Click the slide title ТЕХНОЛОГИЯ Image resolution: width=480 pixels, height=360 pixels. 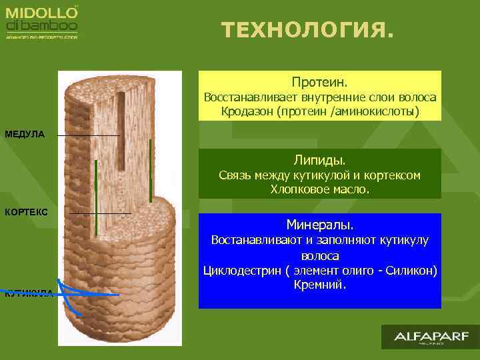click(x=307, y=30)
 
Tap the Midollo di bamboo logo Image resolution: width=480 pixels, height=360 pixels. click(x=42, y=21)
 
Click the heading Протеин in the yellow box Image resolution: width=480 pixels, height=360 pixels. click(x=319, y=83)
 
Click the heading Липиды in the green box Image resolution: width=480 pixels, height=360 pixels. click(x=319, y=160)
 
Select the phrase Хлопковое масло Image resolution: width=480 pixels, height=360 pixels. click(x=319, y=189)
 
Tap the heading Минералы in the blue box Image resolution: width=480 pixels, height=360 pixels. click(x=319, y=224)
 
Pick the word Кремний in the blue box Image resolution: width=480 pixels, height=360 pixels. click(x=319, y=285)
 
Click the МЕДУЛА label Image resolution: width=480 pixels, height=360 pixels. click(x=25, y=135)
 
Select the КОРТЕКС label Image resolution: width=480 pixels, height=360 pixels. click(x=26, y=212)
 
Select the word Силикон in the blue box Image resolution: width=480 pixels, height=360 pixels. click(x=413, y=270)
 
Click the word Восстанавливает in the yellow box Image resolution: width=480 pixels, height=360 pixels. click(x=243, y=97)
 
